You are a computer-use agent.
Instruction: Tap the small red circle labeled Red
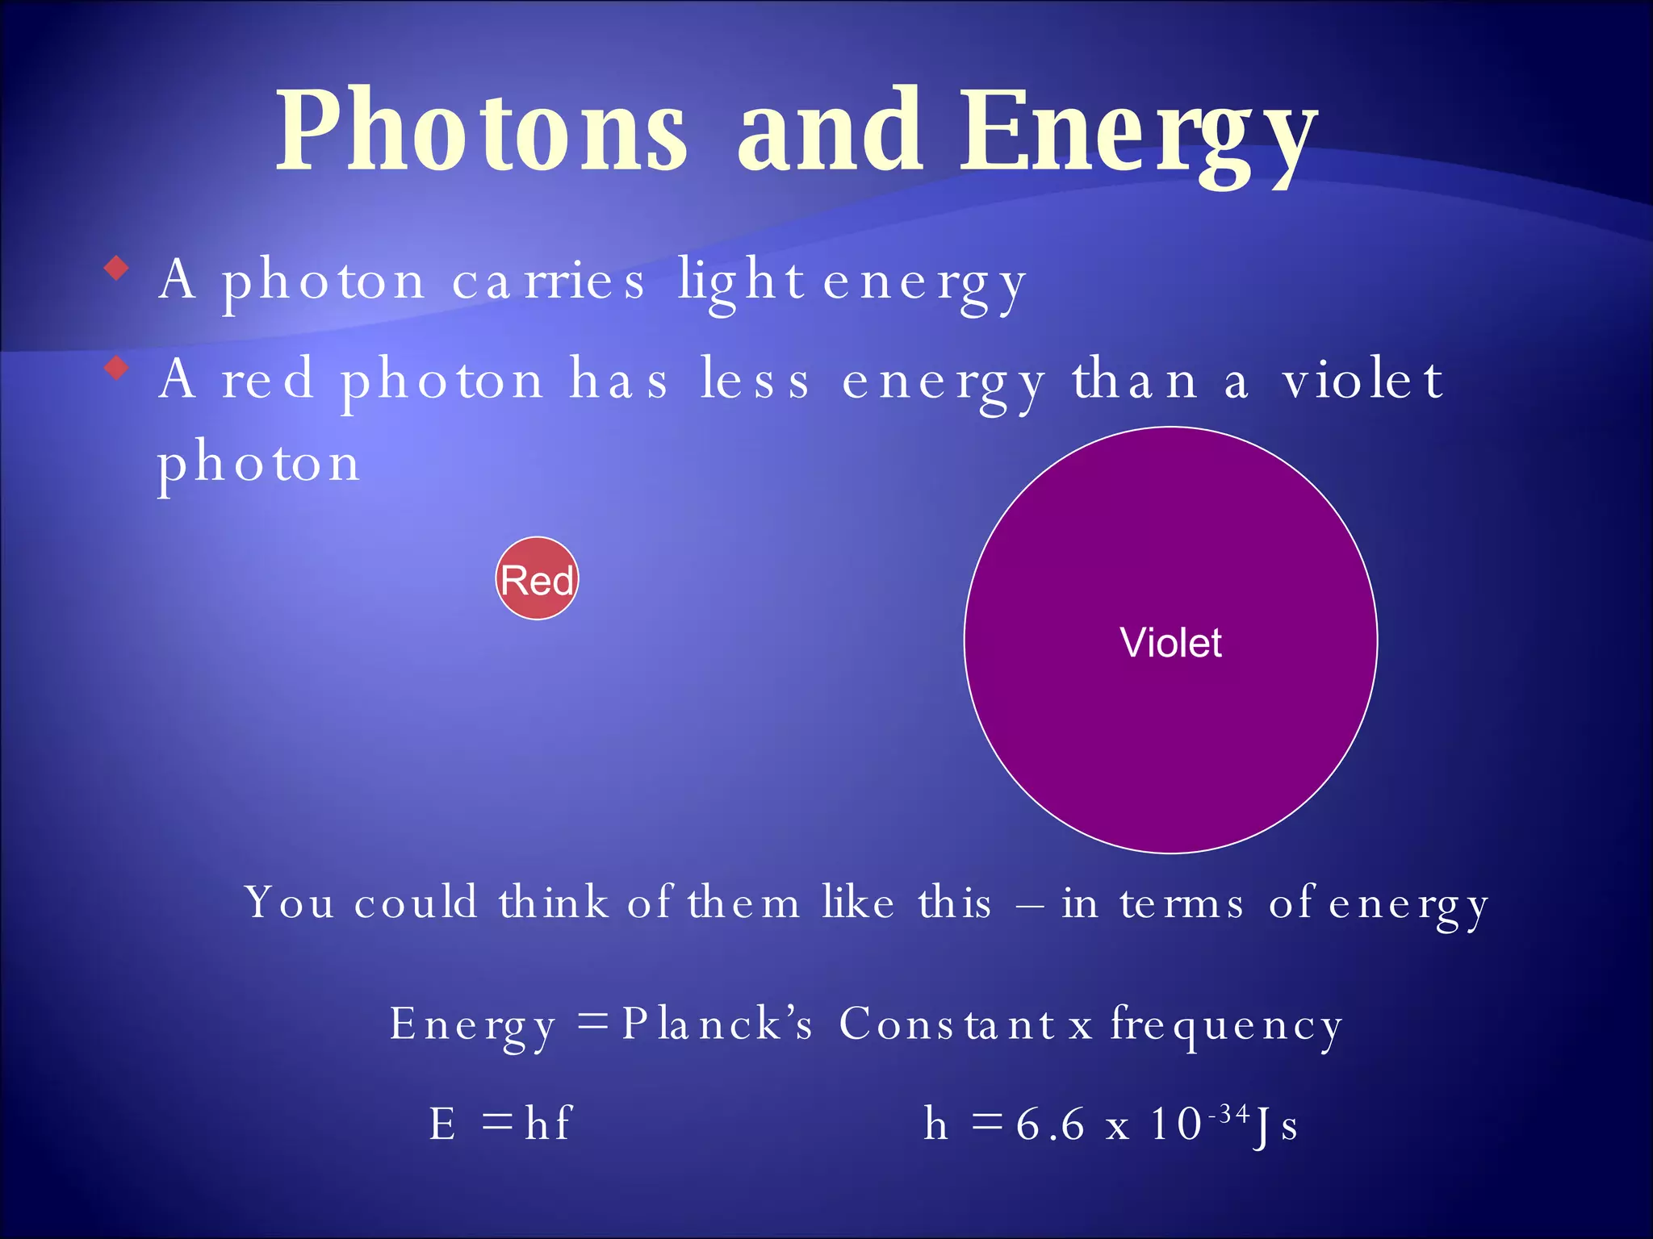tap(537, 579)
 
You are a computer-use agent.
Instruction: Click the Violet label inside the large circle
tap(1170, 643)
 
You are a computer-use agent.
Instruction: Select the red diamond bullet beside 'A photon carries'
tap(117, 268)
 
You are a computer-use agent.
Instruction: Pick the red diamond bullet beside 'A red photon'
tap(117, 369)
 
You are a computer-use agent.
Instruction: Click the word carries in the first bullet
tap(548, 282)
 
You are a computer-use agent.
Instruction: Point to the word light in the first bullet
tap(741, 282)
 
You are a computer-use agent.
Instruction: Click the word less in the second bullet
tap(754, 381)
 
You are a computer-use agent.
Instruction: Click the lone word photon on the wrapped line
tap(258, 465)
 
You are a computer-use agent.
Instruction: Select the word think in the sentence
tap(554, 903)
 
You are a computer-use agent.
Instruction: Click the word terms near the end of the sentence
tap(1182, 904)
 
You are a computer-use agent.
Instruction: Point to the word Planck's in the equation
tap(717, 1025)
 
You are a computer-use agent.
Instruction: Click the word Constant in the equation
tap(947, 1025)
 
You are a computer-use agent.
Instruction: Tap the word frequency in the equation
tap(1226, 1027)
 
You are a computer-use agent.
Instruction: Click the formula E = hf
tap(500, 1124)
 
